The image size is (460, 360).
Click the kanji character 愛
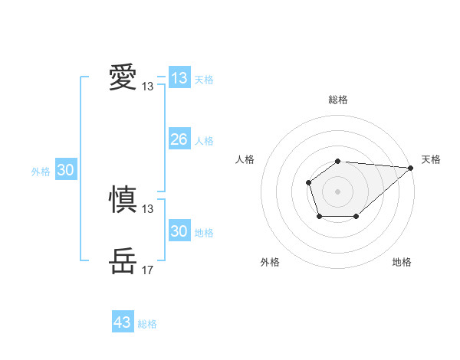[x=123, y=77]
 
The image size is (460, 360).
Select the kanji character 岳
[x=123, y=261]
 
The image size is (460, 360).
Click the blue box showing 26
[x=179, y=139]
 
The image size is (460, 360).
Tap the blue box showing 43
[x=123, y=322]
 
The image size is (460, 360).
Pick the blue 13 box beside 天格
[x=179, y=78]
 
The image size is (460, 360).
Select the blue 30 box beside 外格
[x=65, y=170]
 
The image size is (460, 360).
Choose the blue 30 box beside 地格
[x=179, y=231]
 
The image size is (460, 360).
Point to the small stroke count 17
[x=148, y=270]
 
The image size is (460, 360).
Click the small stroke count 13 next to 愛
[x=148, y=87]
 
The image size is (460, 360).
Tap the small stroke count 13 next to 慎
[x=148, y=209]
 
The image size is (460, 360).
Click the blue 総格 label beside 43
[x=147, y=324]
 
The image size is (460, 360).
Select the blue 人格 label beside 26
[x=204, y=141]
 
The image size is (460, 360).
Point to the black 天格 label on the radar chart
[x=431, y=159]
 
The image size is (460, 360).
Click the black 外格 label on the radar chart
[x=270, y=262]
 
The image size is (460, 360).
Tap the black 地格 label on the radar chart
[x=402, y=262]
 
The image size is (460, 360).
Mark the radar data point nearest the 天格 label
[x=412, y=168]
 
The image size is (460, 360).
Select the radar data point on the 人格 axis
[x=308, y=182]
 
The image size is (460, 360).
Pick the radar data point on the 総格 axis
[x=338, y=161]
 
